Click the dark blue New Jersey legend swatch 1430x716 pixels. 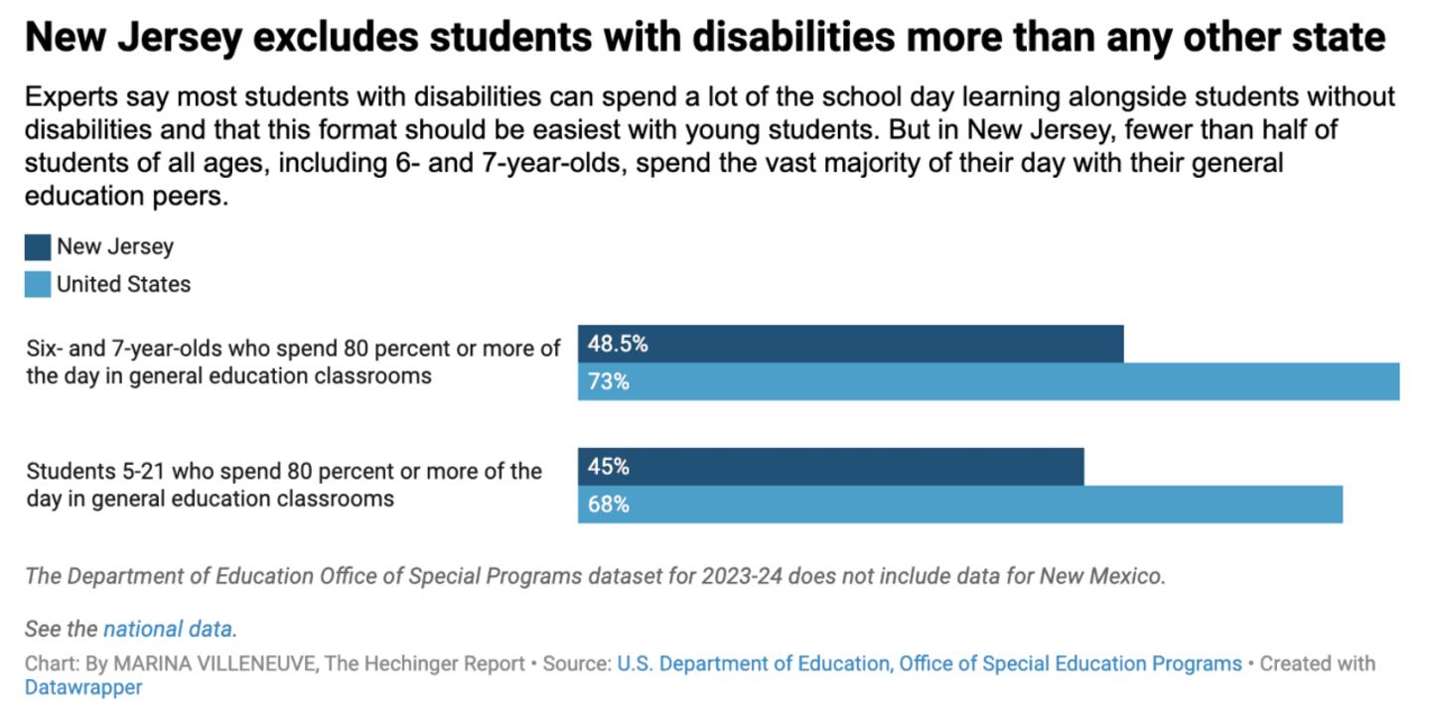point(38,247)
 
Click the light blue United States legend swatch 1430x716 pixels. point(38,285)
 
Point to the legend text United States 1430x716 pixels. point(123,285)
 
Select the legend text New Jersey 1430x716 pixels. point(115,247)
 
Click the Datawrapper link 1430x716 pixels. point(82,687)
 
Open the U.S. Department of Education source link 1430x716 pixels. point(929,663)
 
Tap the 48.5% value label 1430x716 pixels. point(618,345)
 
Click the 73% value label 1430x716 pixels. point(609,382)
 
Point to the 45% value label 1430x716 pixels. point(609,467)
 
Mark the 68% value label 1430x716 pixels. point(609,504)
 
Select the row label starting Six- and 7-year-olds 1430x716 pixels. point(293,361)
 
